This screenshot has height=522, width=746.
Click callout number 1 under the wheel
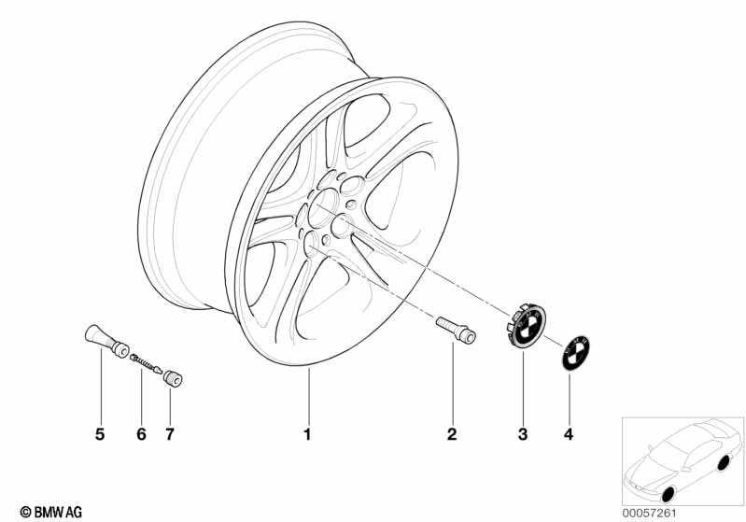tap(307, 434)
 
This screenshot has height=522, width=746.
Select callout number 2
tap(452, 434)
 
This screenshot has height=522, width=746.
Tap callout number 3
tap(523, 434)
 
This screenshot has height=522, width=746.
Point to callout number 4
tap(569, 434)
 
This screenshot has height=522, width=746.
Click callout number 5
tap(100, 434)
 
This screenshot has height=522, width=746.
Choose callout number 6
tap(141, 434)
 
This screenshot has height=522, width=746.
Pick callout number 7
tap(170, 434)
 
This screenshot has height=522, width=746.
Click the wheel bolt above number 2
tap(456, 330)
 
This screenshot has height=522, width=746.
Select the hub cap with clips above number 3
tap(525, 327)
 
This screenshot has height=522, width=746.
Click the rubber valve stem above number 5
tap(107, 340)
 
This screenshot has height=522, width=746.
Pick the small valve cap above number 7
tap(173, 378)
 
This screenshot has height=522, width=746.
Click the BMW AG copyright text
tap(51, 512)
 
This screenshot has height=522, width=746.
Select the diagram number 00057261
tap(650, 513)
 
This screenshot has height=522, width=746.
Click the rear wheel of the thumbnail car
tap(724, 463)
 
